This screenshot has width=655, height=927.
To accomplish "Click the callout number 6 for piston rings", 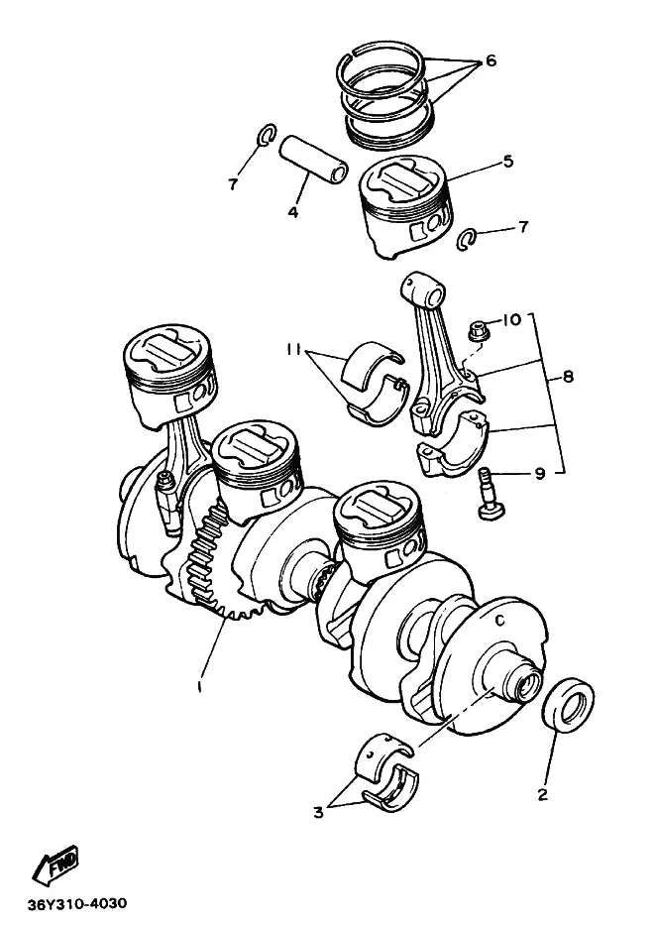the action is (491, 60).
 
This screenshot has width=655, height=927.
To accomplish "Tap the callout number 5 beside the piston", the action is (508, 161).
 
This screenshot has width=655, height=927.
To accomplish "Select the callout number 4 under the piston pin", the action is (293, 211).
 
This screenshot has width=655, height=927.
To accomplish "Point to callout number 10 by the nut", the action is (511, 320).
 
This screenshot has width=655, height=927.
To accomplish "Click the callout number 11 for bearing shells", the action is (293, 350).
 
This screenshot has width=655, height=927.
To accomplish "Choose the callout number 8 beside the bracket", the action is (568, 376).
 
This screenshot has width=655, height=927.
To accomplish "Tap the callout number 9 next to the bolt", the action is (540, 474).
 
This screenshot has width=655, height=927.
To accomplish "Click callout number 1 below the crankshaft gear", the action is (201, 686).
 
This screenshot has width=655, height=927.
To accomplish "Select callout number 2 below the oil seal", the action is (543, 794).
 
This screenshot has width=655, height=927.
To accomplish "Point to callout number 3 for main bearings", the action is (318, 812).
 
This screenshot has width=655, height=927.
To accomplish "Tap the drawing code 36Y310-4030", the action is (76, 904).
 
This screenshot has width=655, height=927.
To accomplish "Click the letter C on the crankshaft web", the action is (500, 621).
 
